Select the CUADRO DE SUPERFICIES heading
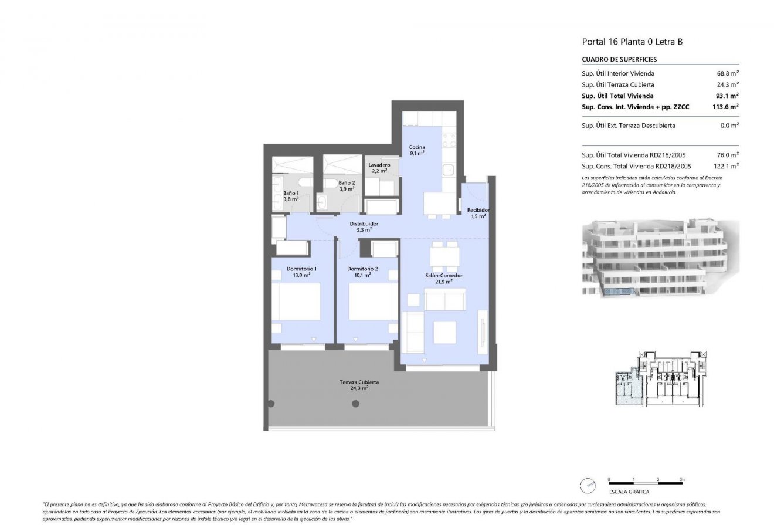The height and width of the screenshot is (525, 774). tap(619, 59)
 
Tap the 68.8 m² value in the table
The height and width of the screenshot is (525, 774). tap(727, 73)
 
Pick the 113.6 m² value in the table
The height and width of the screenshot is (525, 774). tap(725, 107)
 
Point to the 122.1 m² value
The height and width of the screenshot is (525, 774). tap(726, 166)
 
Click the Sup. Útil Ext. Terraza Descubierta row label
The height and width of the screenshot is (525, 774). tap(628, 126)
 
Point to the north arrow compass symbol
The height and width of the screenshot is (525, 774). tap(586, 486)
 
